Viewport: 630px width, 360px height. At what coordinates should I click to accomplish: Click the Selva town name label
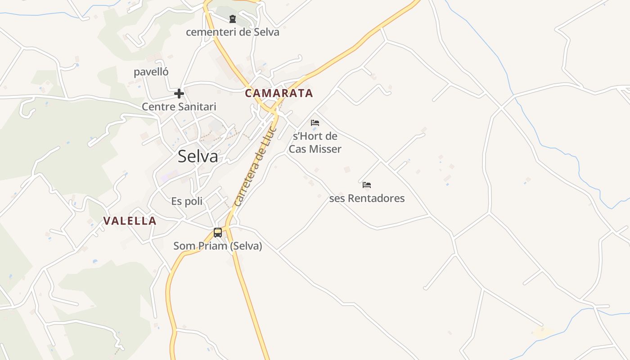click(x=198, y=157)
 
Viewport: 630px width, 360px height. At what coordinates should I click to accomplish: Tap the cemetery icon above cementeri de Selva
click(x=232, y=19)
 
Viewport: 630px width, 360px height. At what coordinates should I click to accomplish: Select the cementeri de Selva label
click(x=232, y=32)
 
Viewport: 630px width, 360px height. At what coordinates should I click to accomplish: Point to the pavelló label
click(x=151, y=72)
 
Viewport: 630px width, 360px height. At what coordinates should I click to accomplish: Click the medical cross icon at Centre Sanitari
click(x=179, y=94)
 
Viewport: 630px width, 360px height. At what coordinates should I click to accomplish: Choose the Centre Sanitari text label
click(x=179, y=107)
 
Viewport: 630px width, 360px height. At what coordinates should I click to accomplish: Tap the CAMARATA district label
click(x=279, y=93)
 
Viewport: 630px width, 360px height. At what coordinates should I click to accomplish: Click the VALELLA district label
click(x=130, y=221)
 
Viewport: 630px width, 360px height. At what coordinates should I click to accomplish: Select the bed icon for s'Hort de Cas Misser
click(x=315, y=122)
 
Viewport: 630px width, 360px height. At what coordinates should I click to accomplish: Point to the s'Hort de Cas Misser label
click(x=315, y=142)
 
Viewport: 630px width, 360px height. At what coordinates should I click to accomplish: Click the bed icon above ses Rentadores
click(x=367, y=185)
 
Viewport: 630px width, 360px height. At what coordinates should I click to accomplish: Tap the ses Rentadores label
click(x=367, y=198)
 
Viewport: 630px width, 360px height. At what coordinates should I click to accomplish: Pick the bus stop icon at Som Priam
click(x=218, y=233)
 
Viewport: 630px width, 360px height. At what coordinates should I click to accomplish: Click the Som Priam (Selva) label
click(x=218, y=246)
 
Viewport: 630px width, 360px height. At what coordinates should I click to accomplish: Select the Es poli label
click(x=187, y=201)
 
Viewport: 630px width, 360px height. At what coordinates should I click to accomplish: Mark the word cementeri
click(x=207, y=32)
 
